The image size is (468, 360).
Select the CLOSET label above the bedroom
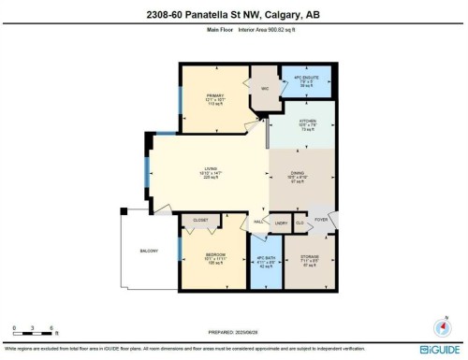click(x=200, y=222)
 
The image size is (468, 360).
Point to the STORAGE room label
click(x=308, y=259)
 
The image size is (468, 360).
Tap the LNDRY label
click(x=279, y=224)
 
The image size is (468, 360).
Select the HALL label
click(x=258, y=222)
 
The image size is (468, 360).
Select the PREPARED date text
click(x=233, y=331)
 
